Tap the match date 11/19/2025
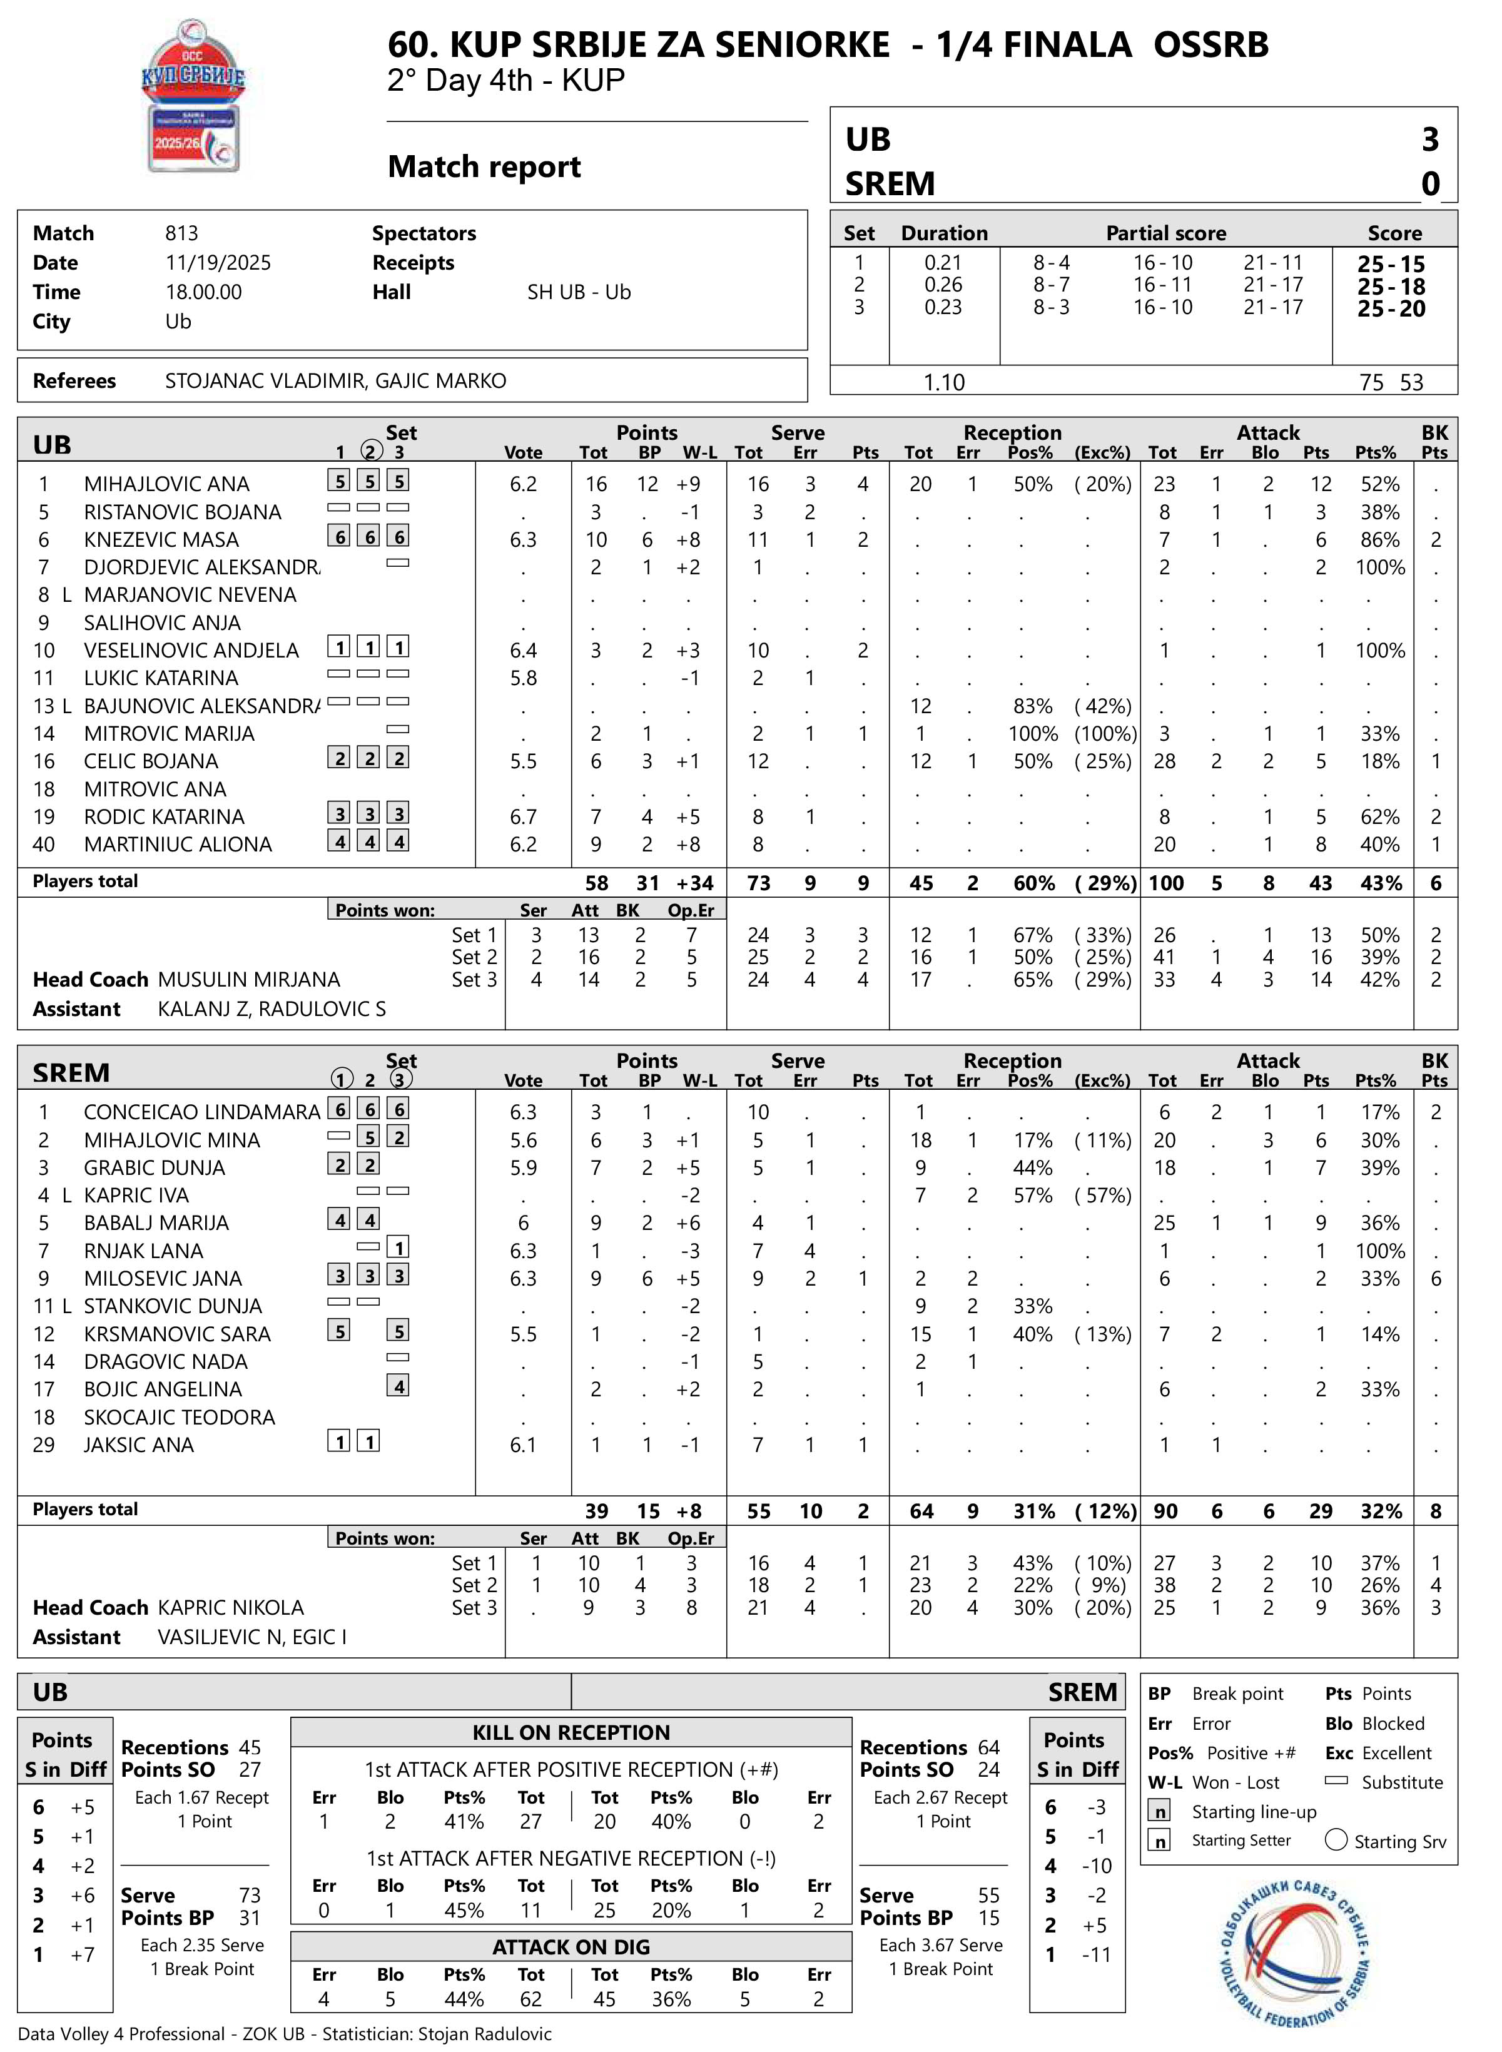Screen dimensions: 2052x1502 click(218, 263)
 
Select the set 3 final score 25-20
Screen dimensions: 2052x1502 click(1391, 309)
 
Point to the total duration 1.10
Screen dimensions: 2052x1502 click(944, 383)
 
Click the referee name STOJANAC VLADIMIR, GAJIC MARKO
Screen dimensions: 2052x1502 click(335, 381)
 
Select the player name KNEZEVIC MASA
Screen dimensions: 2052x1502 click(161, 540)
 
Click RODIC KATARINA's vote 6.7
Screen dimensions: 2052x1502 click(523, 817)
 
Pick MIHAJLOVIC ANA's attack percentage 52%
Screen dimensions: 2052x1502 click(1379, 485)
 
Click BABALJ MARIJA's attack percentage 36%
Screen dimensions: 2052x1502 click(1379, 1223)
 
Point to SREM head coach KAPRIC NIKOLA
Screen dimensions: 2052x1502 click(231, 1607)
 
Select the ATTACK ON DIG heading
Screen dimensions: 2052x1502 click(571, 1946)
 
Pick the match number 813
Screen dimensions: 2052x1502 click(182, 233)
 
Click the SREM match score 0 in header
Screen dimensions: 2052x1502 click(1430, 184)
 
